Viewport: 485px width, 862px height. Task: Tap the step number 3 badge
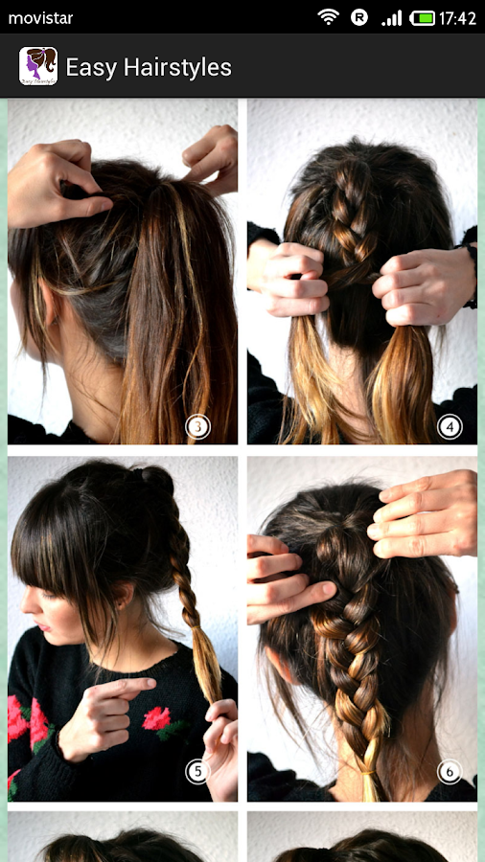pos(198,426)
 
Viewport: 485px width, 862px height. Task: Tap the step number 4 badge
pos(450,426)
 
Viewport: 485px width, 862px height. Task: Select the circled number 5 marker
pos(198,772)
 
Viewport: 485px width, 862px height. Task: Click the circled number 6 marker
pos(450,772)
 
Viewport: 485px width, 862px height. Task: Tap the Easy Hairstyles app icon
pos(38,66)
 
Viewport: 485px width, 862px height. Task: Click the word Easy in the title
pos(91,68)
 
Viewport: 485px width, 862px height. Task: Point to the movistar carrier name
pos(40,18)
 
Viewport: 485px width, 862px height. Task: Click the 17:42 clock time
pos(457,18)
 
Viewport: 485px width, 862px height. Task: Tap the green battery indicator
pos(422,18)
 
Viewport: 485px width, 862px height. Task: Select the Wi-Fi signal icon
pos(328,17)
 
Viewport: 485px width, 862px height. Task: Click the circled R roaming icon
pos(359,17)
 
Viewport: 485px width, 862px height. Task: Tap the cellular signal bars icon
pos(391,18)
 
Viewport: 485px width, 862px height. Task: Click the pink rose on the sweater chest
pos(158,716)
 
